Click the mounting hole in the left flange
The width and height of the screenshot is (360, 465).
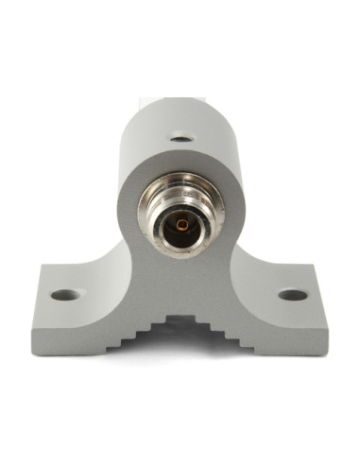click(x=63, y=294)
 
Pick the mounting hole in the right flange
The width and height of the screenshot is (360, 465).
click(x=293, y=294)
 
